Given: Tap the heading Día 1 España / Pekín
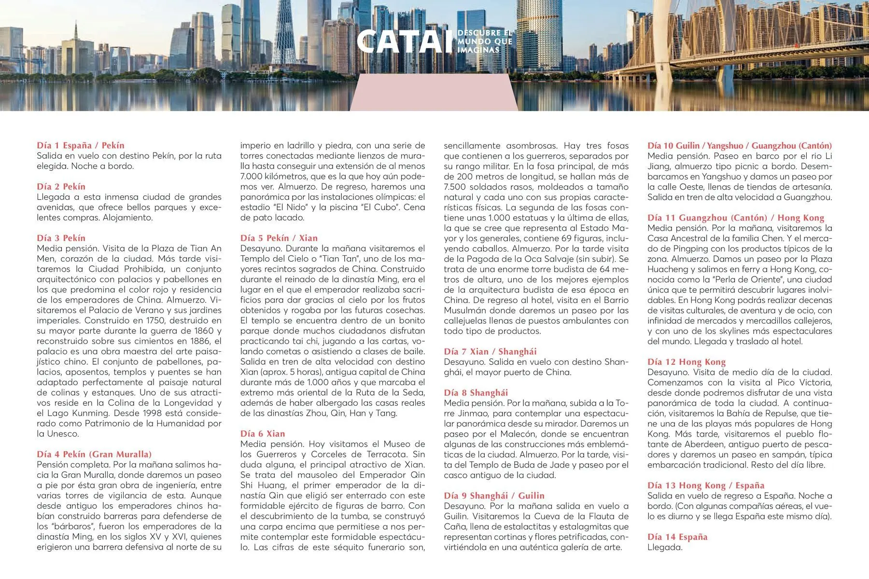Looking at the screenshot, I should coord(81,145).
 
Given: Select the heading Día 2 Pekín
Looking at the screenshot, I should coord(61,186).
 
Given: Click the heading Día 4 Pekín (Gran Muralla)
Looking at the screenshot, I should coord(94,454).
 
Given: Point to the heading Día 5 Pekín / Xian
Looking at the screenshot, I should coord(279,238).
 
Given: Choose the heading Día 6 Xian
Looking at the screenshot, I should coord(263,433).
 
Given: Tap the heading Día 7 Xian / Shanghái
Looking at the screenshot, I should coord(490,351).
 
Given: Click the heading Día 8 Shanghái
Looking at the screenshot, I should coord(476,392).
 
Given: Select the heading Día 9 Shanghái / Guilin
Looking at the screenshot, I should coord(494,496).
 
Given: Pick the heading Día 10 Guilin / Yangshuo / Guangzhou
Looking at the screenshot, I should coord(739,145).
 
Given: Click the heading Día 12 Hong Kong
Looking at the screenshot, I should coord(686,361).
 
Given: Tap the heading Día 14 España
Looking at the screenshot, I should coord(677,537).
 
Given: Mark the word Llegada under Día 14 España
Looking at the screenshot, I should coord(665,547).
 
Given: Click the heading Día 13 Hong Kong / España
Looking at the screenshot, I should coord(706,485).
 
